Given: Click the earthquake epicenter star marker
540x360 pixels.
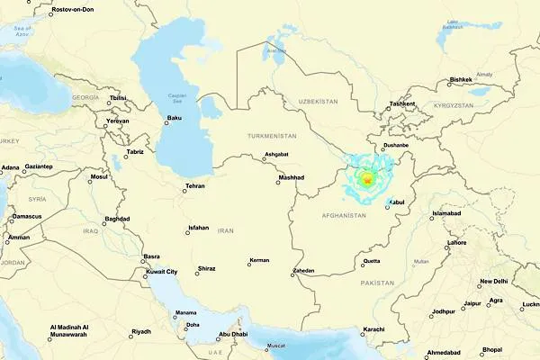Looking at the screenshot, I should tap(367, 181).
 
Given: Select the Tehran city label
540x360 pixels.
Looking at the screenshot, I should tap(194, 186).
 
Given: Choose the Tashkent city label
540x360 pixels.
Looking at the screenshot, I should tap(402, 103).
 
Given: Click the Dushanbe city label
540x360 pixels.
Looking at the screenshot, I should tap(395, 144).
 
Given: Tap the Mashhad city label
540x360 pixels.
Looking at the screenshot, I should tap(292, 178).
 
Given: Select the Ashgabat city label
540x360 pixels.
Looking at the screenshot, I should tap(276, 155).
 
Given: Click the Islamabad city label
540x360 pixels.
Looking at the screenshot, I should tap(445, 214).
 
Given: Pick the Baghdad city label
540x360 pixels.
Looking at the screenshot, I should tap(117, 219).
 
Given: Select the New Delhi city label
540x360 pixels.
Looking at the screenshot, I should tap(494, 282).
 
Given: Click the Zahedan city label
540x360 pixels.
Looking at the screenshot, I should tap(303, 271).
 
